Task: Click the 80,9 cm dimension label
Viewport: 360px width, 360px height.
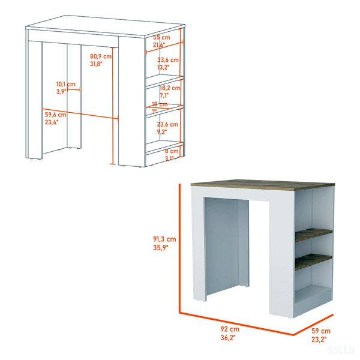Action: pyautogui.click(x=101, y=56)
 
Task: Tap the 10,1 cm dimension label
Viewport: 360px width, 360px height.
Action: pyautogui.click(x=66, y=84)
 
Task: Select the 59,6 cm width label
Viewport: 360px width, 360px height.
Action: pyautogui.click(x=55, y=115)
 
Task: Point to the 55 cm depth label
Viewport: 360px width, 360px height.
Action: pyautogui.click(x=161, y=37)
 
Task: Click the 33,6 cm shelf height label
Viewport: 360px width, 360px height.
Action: pyautogui.click(x=168, y=59)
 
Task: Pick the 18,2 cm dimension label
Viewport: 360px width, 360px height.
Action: pyautogui.click(x=170, y=88)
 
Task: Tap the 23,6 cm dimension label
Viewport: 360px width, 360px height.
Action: pyautogui.click(x=167, y=124)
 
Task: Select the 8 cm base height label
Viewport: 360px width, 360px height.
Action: pyautogui.click(x=172, y=151)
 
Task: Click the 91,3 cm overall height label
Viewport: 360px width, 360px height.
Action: pyautogui.click(x=164, y=239)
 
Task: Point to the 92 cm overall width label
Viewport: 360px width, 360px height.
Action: pyautogui.click(x=230, y=329)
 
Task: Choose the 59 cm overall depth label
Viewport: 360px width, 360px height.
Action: pyautogui.click(x=321, y=331)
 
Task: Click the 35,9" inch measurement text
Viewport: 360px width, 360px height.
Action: pyautogui.click(x=161, y=247)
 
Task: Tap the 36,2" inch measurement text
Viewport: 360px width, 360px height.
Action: pyautogui.click(x=228, y=337)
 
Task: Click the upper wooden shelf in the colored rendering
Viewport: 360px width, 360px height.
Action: pyautogui.click(x=314, y=235)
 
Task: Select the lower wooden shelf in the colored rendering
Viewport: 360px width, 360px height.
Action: pyautogui.click(x=314, y=262)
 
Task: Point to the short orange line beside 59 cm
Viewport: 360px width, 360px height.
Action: pyautogui.click(x=313, y=325)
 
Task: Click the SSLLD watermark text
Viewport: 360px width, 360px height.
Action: pyautogui.click(x=341, y=350)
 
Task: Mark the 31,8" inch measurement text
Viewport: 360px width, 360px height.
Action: pyautogui.click(x=96, y=64)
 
